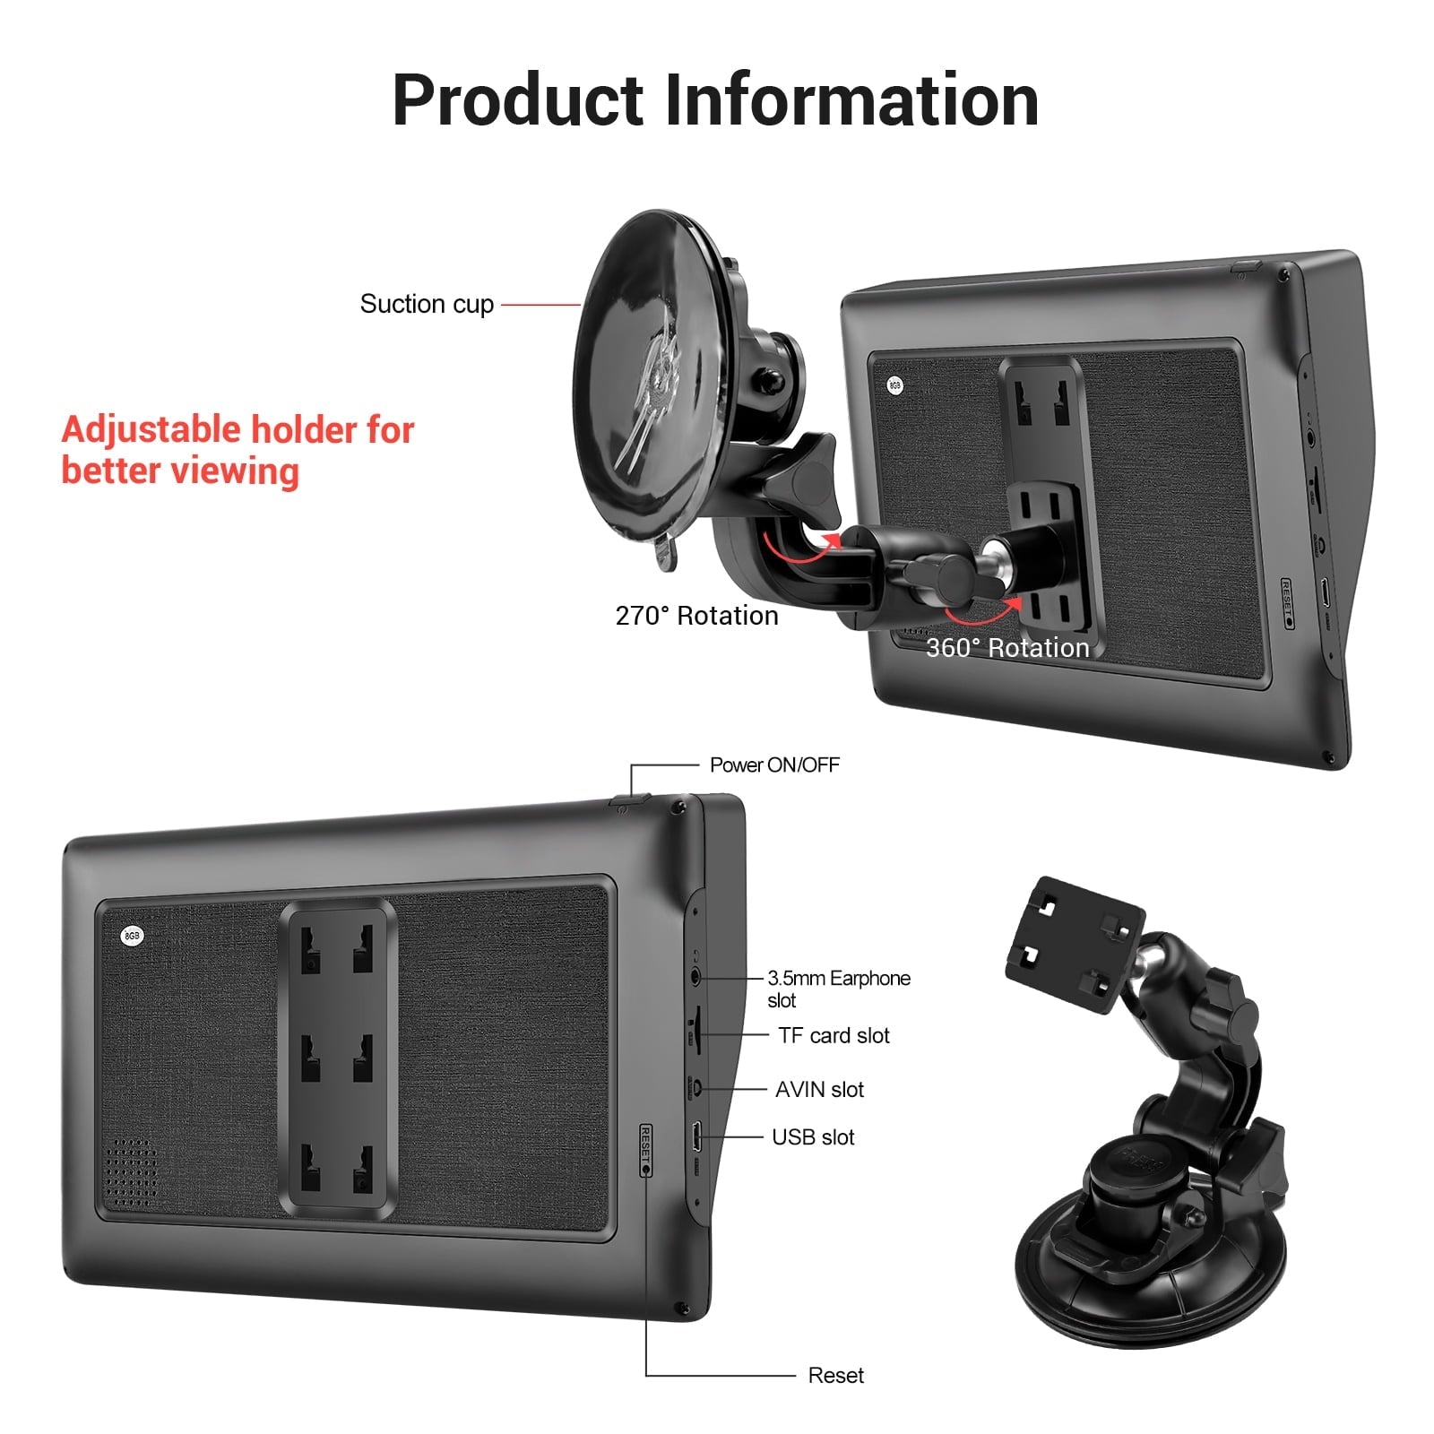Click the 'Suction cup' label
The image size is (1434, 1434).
427,305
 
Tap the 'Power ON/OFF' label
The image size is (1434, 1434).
774,765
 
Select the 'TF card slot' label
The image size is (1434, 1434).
834,1035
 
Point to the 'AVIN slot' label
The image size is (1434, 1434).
819,1089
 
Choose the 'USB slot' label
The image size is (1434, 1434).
813,1136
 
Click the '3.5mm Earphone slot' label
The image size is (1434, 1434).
838,989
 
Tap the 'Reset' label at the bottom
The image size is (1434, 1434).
835,1375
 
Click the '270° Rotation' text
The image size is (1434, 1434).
696,616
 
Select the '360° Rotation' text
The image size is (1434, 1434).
1007,647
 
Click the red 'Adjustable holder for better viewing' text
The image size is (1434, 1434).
238,450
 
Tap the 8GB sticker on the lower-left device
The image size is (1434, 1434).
132,936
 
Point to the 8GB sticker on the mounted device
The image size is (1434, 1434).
894,385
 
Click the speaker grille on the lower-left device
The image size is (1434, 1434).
131,1171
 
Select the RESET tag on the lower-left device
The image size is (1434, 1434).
645,1150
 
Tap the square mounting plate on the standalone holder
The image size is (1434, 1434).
1075,945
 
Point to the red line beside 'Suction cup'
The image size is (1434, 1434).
541,305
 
